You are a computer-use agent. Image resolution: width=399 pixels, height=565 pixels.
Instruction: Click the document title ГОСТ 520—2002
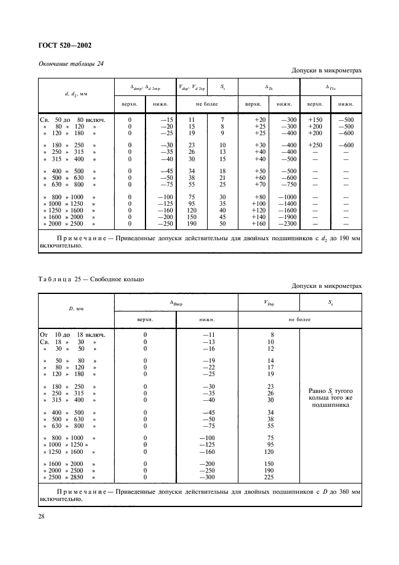pos(66,45)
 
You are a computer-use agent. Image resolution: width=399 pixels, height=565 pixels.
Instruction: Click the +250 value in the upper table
pos(316,145)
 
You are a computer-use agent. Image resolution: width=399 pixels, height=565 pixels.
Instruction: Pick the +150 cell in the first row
pos(316,120)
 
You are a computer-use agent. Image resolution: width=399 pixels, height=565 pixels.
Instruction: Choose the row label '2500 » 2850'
pos(69,477)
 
